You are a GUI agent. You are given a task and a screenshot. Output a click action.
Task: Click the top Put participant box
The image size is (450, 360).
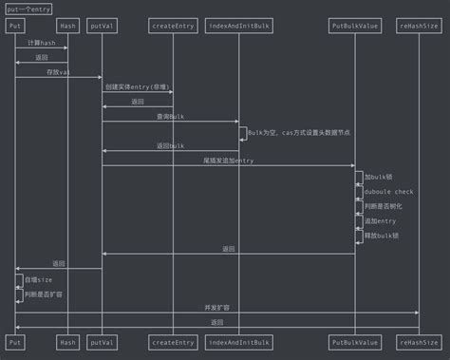click(x=15, y=26)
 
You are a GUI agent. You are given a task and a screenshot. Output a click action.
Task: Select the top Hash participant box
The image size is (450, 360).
click(x=67, y=26)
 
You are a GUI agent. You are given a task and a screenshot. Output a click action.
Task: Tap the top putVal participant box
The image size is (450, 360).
click(x=102, y=26)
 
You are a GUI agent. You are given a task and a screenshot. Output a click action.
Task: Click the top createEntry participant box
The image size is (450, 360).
click(x=173, y=26)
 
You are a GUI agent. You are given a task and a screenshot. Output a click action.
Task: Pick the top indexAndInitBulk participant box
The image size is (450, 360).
click(x=239, y=26)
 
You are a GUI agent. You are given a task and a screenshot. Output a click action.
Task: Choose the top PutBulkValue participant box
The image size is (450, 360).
click(x=355, y=26)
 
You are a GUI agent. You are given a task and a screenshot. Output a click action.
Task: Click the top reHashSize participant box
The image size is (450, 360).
click(x=419, y=26)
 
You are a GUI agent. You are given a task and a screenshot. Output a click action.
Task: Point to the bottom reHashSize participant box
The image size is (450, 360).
click(x=419, y=341)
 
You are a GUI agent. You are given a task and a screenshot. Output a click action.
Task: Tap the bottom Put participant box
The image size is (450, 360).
click(x=15, y=341)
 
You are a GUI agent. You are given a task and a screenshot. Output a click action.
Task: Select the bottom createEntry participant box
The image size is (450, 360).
click(x=173, y=341)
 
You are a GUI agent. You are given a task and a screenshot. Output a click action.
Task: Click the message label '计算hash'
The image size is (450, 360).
click(x=41, y=43)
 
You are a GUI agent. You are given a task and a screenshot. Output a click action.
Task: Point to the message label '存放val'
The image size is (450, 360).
click(x=58, y=72)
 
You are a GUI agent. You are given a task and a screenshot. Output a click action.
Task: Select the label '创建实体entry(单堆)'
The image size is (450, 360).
click(x=137, y=86)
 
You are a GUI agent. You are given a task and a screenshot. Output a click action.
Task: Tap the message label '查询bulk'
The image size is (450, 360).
click(x=170, y=116)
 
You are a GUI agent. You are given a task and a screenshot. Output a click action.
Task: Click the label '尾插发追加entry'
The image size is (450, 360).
click(x=228, y=161)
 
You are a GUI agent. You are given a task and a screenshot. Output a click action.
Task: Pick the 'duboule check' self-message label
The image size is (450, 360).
click(x=389, y=191)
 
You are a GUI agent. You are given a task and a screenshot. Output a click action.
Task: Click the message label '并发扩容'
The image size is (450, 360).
click(x=216, y=308)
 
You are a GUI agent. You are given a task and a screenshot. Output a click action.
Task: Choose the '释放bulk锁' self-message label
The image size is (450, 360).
click(x=382, y=235)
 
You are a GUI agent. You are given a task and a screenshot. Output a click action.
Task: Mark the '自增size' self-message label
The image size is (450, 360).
click(x=39, y=279)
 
